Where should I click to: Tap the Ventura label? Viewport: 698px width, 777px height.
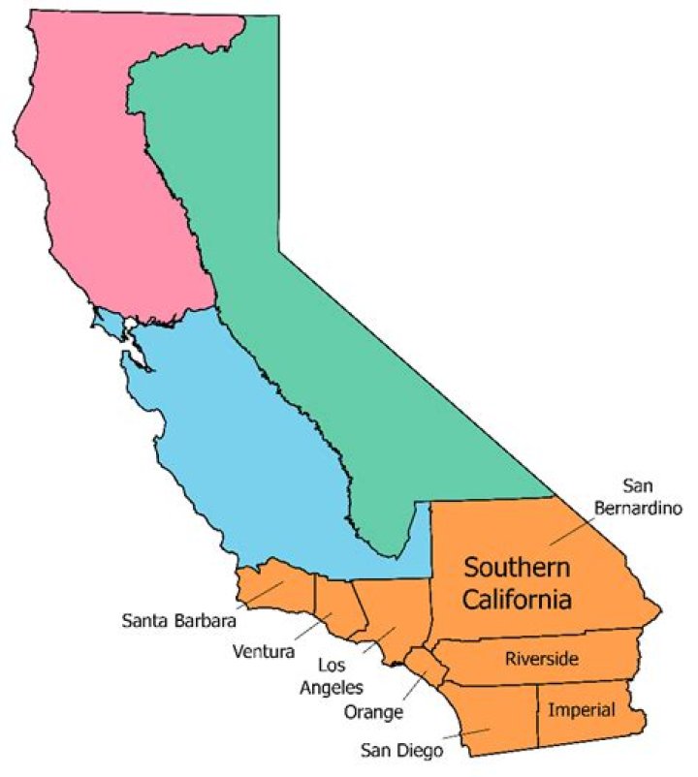pyautogui.click(x=264, y=651)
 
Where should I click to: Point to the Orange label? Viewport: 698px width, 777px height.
pyautogui.click(x=373, y=713)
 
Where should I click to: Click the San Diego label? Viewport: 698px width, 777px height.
pyautogui.click(x=401, y=749)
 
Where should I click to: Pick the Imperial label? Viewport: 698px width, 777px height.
pyautogui.click(x=581, y=709)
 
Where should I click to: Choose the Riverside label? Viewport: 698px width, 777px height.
pyautogui.click(x=542, y=660)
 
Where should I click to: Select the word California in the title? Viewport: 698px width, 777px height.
pyautogui.click(x=515, y=600)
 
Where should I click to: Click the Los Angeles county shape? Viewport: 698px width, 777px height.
pyautogui.click(x=393, y=610)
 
